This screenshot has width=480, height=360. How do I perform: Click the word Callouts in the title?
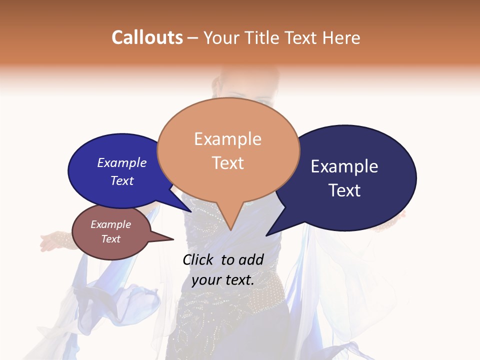(147, 37)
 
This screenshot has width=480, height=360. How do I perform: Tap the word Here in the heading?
(341, 37)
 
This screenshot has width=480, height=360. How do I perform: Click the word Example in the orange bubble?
(227, 139)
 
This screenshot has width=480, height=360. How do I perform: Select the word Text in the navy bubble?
(344, 190)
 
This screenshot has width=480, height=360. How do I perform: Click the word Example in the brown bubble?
(110, 224)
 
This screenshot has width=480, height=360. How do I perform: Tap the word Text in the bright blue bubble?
(122, 180)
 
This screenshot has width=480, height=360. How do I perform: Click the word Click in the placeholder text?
(198, 259)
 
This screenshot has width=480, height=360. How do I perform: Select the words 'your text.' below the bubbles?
(223, 280)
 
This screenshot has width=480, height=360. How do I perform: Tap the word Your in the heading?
(220, 37)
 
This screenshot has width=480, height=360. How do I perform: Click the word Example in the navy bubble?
(344, 166)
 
